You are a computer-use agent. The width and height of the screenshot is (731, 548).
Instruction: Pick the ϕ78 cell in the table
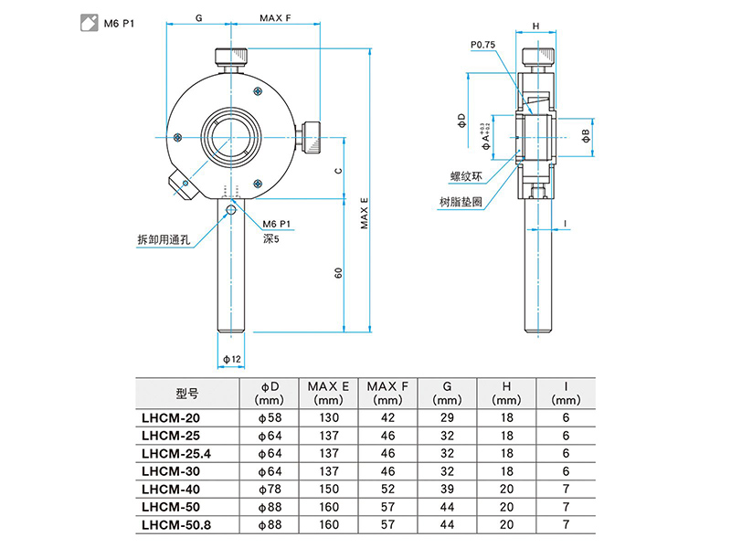click(x=270, y=489)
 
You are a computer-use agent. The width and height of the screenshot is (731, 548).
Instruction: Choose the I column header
click(x=566, y=393)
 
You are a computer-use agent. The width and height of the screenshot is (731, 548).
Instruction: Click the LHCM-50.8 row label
click(x=179, y=524)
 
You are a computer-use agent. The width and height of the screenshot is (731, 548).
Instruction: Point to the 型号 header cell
click(x=186, y=394)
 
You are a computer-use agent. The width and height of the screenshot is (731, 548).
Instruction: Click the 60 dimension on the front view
click(x=338, y=272)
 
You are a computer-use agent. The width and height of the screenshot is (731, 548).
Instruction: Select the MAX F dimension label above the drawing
click(x=275, y=17)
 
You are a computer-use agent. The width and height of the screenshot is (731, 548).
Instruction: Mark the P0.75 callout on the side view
click(x=482, y=44)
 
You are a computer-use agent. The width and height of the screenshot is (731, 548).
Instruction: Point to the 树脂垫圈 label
click(x=461, y=203)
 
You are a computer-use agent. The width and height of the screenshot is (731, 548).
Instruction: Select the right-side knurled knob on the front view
click(x=314, y=137)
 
